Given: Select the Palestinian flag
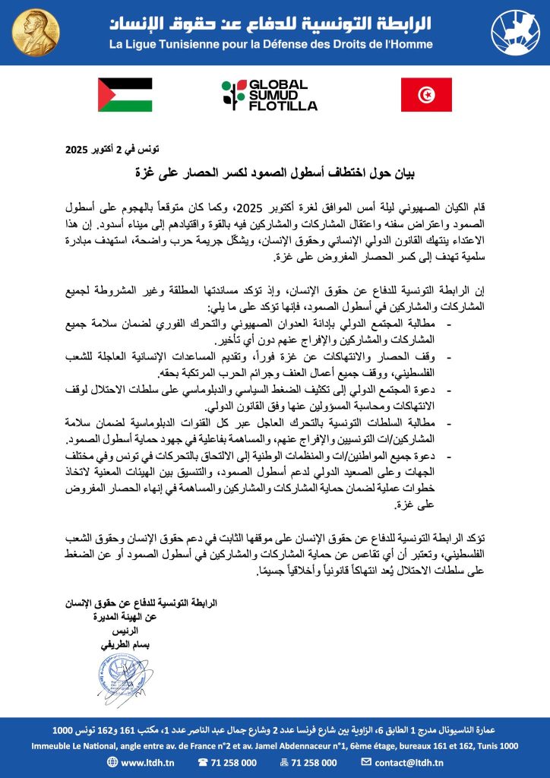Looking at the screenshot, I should (125, 95).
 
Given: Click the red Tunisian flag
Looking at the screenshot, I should (426, 95).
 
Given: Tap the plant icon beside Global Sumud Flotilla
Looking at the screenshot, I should (229, 95).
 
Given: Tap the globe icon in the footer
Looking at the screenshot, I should (112, 762).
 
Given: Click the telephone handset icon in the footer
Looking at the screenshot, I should (204, 762).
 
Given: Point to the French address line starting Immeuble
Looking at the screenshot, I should (274, 745).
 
